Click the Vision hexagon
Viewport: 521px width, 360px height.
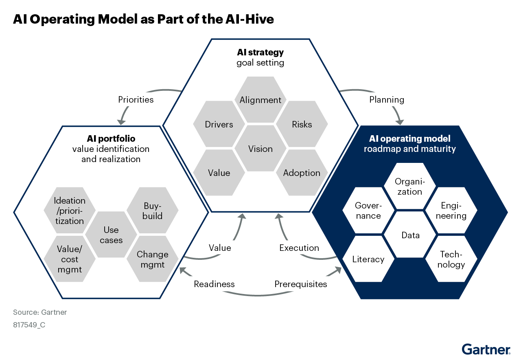(260, 149)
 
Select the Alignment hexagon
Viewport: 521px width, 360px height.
(260, 100)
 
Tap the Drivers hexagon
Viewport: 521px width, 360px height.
(219, 124)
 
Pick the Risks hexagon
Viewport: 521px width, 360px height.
(302, 124)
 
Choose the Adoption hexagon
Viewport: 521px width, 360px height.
(302, 173)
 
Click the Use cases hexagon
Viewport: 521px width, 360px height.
(111, 235)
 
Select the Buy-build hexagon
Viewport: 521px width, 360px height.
(153, 211)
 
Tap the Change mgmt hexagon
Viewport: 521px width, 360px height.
(153, 259)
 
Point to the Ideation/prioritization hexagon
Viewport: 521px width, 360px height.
(70, 211)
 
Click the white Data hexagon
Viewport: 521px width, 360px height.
(410, 235)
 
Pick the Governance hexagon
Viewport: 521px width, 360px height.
(368, 211)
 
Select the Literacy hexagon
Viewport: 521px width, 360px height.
(368, 259)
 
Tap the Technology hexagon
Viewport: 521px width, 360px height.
(452, 259)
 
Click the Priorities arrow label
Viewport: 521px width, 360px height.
(136, 99)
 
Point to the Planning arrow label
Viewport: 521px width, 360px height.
(387, 99)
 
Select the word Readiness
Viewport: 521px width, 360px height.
(215, 284)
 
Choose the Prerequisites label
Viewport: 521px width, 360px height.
(301, 284)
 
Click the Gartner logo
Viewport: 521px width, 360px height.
(486, 349)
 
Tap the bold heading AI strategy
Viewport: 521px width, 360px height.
(260, 53)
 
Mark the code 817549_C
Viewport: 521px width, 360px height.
(29, 325)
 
